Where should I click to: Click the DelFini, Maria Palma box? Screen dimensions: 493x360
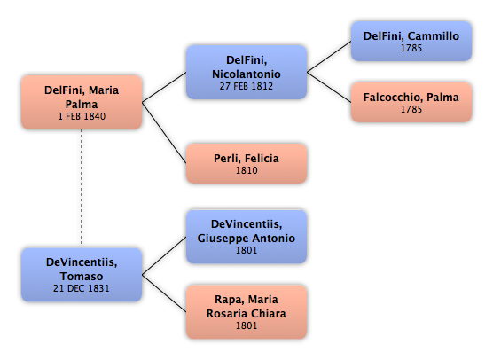coord(82,102)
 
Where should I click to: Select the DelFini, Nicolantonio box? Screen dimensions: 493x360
coord(246,73)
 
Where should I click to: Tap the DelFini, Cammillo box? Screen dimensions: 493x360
coord(411,41)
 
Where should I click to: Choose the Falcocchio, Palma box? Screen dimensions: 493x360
coord(411,102)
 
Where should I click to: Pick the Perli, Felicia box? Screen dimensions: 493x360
coord(246,163)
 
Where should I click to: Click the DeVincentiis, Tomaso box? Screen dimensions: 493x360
coord(82,275)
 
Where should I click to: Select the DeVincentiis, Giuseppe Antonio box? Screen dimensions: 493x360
coord(246,237)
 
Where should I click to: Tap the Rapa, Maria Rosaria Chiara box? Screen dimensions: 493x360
coord(246,312)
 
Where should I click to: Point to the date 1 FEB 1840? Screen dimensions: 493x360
coord(82,116)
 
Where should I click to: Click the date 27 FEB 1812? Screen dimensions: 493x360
coord(246,86)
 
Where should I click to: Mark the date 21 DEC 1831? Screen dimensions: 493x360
coord(82,288)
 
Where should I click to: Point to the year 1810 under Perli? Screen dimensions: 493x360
coord(246,170)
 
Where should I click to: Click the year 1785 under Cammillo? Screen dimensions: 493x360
coord(411,48)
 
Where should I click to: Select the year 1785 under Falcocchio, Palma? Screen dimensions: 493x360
coord(411,109)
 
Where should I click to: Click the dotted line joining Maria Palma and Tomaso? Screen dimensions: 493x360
coord(82,189)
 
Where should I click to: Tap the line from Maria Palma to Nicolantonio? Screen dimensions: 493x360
coord(164,88)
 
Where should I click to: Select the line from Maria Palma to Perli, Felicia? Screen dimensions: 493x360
coord(164,133)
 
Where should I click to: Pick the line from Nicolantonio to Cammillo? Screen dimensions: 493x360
coord(329,57)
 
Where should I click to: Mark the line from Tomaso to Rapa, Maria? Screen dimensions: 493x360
coord(164,293)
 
